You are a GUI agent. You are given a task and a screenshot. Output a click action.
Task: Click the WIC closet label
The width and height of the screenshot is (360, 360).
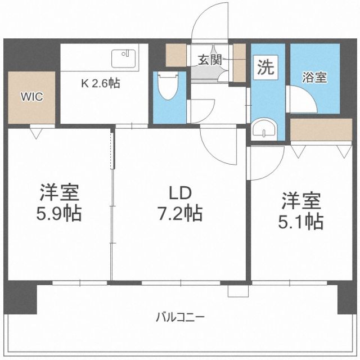[31, 96]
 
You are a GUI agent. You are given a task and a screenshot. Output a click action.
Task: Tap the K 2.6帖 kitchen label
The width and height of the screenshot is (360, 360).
[100, 84]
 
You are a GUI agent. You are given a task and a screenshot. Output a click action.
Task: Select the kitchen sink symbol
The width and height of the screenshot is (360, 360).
[124, 58]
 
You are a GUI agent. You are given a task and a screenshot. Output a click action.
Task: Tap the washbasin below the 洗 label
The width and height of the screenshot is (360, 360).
[264, 129]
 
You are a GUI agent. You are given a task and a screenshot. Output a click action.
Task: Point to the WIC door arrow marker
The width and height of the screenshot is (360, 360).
[38, 133]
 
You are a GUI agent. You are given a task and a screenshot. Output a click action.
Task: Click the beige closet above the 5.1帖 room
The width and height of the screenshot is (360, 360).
[321, 129]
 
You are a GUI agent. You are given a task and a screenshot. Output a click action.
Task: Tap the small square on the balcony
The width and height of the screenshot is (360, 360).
[233, 291]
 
